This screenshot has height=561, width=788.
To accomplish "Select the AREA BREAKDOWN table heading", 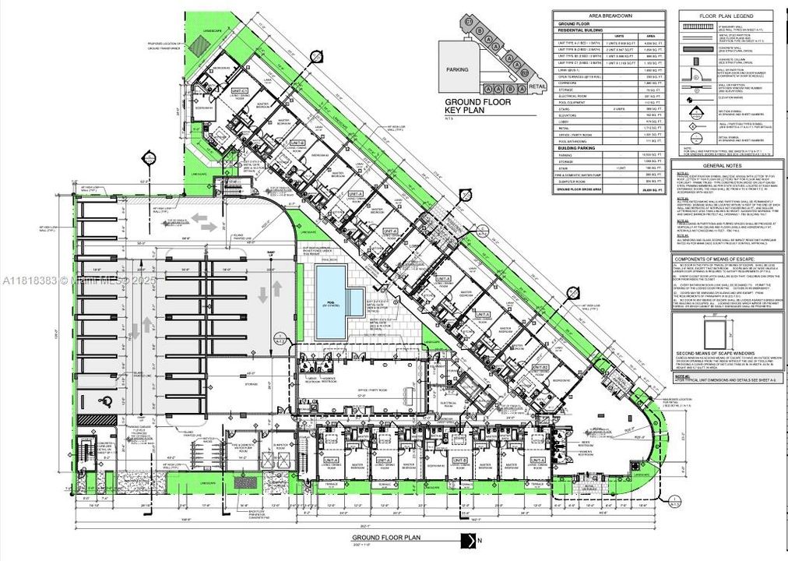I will pyautogui.click(x=609, y=16).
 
